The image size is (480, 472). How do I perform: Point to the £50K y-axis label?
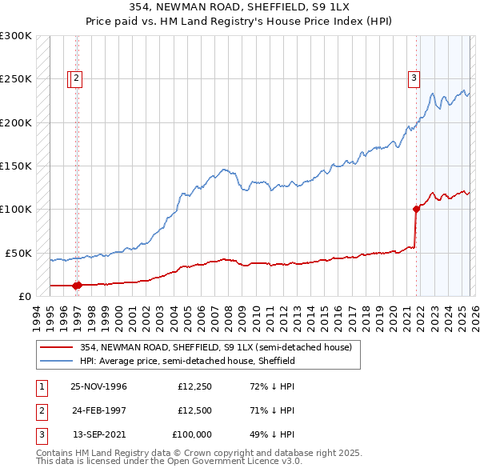click(17, 253)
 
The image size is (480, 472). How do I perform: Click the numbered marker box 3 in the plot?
click(414, 78)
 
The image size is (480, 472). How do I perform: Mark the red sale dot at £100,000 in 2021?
click(416, 210)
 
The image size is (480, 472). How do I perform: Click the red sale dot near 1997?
click(78, 285)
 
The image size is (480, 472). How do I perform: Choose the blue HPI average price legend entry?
click(187, 361)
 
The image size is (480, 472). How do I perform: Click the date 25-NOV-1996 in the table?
click(98, 386)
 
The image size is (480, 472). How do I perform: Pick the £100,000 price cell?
click(192, 434)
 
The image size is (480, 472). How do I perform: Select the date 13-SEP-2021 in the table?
click(98, 434)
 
